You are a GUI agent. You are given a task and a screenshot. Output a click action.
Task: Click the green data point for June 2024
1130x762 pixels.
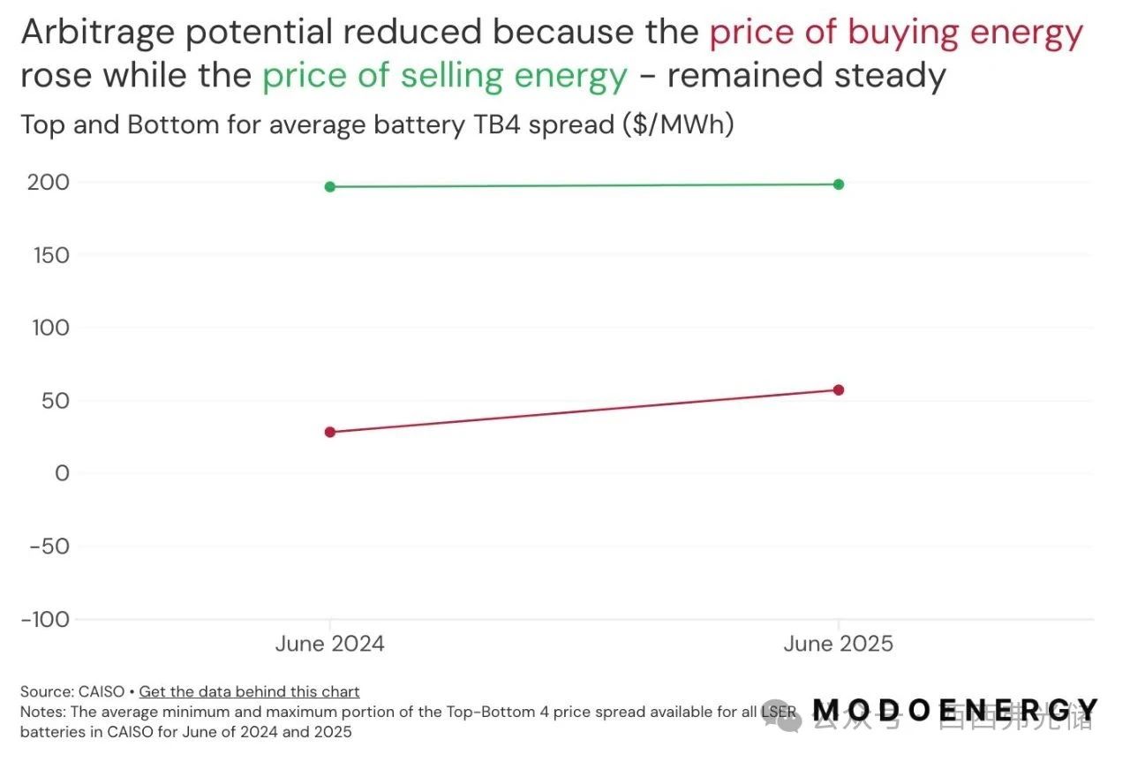click(x=330, y=186)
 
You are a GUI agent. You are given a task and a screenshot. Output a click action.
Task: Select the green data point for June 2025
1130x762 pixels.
click(x=839, y=184)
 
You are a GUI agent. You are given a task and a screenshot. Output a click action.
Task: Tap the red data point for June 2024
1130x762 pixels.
click(x=330, y=432)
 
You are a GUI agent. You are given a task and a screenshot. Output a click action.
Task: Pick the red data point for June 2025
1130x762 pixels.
click(x=839, y=389)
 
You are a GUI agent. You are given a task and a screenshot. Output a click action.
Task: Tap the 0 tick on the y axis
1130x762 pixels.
click(x=61, y=473)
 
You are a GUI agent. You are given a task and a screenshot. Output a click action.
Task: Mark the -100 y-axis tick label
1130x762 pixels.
click(x=46, y=619)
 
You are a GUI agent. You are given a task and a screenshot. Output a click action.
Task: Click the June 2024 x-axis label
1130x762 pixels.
click(x=330, y=644)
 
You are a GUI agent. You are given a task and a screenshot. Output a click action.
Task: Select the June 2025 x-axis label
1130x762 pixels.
click(x=839, y=644)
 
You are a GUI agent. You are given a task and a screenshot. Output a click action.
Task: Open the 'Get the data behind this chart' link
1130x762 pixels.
click(x=250, y=691)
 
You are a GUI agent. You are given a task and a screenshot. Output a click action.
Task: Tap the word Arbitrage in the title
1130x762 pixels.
click(x=99, y=34)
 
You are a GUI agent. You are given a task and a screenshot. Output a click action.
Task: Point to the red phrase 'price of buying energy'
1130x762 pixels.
click(x=896, y=34)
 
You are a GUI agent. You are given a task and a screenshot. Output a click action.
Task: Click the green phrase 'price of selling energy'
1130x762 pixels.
click(x=445, y=76)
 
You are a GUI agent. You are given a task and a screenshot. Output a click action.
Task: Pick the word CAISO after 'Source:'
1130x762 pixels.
click(x=102, y=691)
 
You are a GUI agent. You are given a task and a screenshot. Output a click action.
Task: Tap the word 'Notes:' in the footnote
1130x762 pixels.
click(x=42, y=712)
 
